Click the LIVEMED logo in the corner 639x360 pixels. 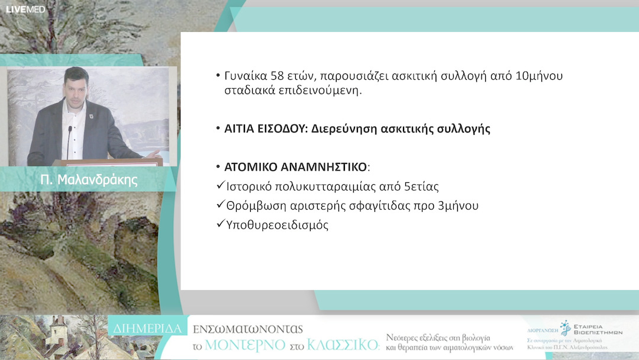(x=25, y=9)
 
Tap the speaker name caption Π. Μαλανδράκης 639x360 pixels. (x=89, y=180)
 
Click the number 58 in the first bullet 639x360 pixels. (x=278, y=76)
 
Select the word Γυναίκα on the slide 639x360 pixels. (x=246, y=76)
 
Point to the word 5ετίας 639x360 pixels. (x=421, y=187)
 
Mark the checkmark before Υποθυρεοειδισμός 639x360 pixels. (x=221, y=224)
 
